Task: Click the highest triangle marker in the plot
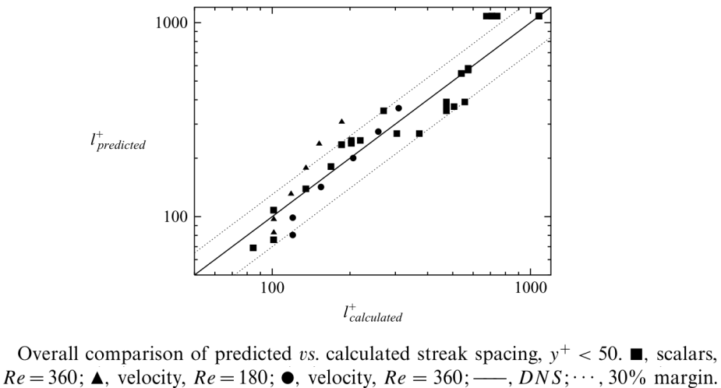(x=341, y=122)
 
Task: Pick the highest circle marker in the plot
(x=398, y=108)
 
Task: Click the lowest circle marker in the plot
(x=292, y=235)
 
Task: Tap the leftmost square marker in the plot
(x=253, y=248)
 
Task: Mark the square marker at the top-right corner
(x=539, y=16)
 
